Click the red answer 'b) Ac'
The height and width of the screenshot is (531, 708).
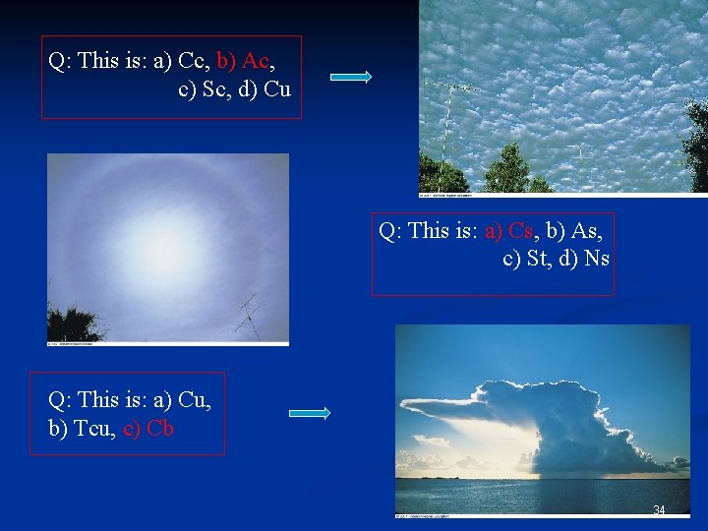242,60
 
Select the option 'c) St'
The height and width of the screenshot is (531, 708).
528,259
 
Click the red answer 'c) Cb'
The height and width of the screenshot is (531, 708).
148,429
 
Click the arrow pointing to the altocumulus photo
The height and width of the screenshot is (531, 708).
350,77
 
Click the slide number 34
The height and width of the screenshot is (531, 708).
659,509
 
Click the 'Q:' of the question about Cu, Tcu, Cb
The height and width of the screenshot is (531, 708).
60,401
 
